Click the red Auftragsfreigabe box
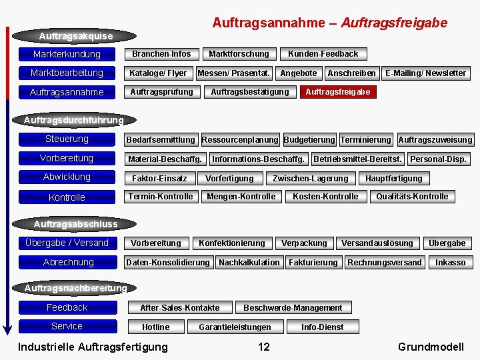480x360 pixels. (x=337, y=92)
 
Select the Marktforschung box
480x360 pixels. (x=239, y=54)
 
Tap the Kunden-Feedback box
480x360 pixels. (x=323, y=54)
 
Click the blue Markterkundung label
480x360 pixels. (x=67, y=54)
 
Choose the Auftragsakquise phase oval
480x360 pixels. (x=75, y=35)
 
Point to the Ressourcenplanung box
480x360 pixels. (x=240, y=140)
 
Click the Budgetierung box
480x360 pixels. (x=309, y=140)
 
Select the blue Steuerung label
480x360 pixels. (x=67, y=139)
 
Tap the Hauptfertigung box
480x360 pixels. (x=393, y=178)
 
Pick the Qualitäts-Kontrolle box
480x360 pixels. (x=412, y=197)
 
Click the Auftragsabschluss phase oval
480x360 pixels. (x=75, y=224)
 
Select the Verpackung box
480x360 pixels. (x=304, y=243)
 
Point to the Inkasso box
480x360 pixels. (x=450, y=263)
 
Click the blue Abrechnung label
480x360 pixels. (x=68, y=262)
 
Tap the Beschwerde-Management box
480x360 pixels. (x=293, y=308)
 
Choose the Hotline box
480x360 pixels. (x=155, y=327)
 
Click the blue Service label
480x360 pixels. (x=67, y=327)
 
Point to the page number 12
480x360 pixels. (x=264, y=347)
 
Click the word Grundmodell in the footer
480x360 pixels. (x=430, y=347)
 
